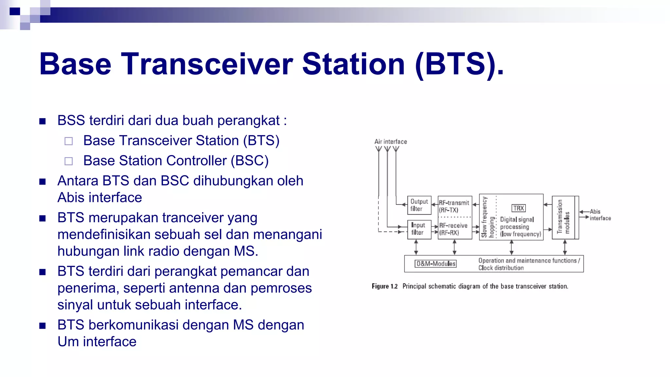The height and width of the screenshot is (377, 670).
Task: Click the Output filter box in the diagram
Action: click(419, 205)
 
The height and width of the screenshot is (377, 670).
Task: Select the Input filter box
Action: click(419, 229)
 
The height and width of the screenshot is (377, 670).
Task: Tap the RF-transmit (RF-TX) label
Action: click(454, 206)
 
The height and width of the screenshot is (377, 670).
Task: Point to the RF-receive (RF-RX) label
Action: click(453, 229)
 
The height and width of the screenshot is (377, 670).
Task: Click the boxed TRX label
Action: click(519, 208)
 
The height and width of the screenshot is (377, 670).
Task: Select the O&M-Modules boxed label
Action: click(436, 264)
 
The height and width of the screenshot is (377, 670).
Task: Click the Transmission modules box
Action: click(563, 217)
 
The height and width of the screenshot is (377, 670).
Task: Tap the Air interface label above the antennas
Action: click(391, 142)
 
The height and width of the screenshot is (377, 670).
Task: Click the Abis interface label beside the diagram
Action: click(600, 215)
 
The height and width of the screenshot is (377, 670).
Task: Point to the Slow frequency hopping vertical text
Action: click(487, 217)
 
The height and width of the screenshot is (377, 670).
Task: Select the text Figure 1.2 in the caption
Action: click(384, 286)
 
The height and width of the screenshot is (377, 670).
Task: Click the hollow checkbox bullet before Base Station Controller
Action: click(69, 161)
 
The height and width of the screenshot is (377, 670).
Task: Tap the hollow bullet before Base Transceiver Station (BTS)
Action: click(69, 141)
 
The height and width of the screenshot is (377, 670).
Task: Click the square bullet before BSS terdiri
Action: click(42, 121)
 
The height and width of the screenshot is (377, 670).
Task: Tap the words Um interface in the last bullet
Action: click(97, 342)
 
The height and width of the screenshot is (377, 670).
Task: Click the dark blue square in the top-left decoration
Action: click(15, 11)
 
